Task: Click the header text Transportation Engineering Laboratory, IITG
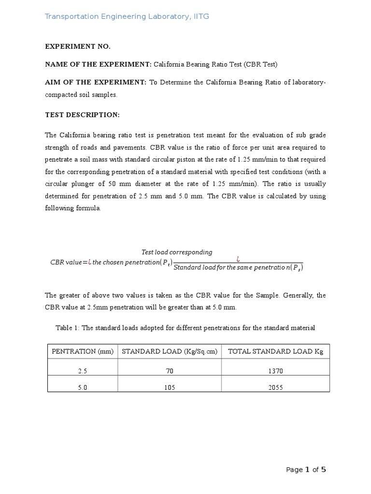(x=127, y=17)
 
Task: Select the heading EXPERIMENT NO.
(x=78, y=46)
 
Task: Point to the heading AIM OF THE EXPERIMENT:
(x=96, y=82)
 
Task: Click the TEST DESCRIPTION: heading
(x=82, y=115)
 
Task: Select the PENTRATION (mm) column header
(x=83, y=352)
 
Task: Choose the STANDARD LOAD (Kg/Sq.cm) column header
(x=170, y=352)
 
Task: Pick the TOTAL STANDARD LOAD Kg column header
(x=275, y=352)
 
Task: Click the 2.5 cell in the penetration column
(x=83, y=371)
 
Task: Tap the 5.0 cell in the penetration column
(x=83, y=387)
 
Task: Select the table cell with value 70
(x=170, y=371)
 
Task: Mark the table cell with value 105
(x=170, y=387)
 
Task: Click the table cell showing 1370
(x=276, y=371)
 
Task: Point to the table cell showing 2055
(x=276, y=387)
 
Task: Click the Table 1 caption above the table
(x=185, y=328)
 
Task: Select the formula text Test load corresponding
(x=176, y=252)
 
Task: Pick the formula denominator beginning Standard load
(x=238, y=267)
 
